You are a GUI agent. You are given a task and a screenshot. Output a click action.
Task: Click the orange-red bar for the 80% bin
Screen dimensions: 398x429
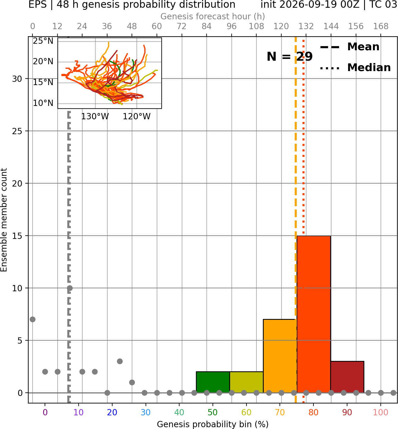[x=314, y=314]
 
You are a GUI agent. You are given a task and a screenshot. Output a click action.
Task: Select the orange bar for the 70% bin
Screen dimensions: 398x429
[x=280, y=356]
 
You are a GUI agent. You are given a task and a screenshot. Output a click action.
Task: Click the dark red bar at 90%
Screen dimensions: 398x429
[x=347, y=377]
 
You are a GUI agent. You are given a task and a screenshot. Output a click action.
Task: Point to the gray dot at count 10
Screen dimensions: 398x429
[x=70, y=288]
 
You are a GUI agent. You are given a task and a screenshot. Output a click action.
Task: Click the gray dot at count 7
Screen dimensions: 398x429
[x=32, y=319]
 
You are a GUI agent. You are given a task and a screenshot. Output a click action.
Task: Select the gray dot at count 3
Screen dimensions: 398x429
[x=120, y=361]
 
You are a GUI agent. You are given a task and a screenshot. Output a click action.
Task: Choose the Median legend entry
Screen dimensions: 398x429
[x=355, y=68]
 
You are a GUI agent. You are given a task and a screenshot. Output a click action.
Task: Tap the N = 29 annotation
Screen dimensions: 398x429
[x=290, y=57]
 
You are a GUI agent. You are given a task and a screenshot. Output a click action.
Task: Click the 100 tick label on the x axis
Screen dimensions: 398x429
[x=381, y=412]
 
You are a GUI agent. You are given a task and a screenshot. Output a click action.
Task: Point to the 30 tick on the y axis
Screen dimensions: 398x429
[x=17, y=79]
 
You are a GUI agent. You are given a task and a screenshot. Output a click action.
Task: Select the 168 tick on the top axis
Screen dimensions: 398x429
[x=381, y=26]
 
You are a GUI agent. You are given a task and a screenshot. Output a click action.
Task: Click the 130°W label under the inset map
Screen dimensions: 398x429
[x=95, y=117]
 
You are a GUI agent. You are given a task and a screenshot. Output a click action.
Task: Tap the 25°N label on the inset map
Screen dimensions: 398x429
[x=43, y=41]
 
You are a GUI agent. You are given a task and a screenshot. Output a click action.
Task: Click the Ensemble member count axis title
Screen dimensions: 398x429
[x=4, y=220]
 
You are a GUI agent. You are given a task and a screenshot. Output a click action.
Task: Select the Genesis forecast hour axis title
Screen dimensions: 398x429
[x=213, y=16]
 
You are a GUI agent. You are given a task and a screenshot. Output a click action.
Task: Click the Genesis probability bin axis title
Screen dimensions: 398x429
[x=213, y=424]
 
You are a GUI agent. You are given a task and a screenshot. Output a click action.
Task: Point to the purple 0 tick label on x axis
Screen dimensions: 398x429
[x=45, y=412]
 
